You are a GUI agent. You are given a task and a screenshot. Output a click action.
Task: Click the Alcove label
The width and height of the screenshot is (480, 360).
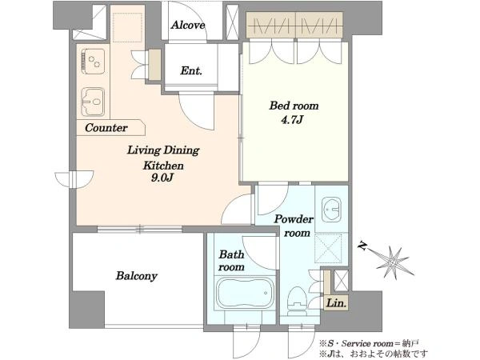tap(188, 25)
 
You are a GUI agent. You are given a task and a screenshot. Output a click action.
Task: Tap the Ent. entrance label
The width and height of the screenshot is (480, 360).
tap(191, 70)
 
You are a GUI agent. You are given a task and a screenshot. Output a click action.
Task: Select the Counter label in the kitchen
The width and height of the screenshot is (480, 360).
tap(106, 128)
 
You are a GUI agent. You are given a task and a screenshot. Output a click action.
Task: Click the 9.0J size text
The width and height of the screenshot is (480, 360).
tap(162, 178)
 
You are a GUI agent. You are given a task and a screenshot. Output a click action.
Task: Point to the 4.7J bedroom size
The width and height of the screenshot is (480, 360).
tap(292, 120)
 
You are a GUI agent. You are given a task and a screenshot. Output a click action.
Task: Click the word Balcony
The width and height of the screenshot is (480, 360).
tap(137, 276)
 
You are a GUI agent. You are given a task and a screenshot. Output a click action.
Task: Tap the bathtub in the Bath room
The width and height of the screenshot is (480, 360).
tap(246, 294)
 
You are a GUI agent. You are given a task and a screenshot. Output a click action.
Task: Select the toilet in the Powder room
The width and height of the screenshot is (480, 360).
tap(297, 300)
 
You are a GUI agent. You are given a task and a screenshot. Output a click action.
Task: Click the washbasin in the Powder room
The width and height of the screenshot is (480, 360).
tap(331, 210)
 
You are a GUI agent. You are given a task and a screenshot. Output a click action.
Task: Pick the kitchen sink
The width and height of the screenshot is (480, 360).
tap(93, 102)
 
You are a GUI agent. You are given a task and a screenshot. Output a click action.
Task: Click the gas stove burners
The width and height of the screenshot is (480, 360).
tap(93, 62)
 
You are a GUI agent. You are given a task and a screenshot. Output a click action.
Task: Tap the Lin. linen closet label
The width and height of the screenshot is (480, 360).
tap(337, 303)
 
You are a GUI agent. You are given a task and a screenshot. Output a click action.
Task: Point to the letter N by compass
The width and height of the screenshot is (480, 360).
tap(363, 246)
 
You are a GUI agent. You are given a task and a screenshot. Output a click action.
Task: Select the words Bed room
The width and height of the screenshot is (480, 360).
tap(294, 106)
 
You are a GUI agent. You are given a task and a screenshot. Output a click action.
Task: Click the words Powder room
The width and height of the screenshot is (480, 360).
tap(294, 226)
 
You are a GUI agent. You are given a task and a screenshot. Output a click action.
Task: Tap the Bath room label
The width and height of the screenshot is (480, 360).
tap(231, 261)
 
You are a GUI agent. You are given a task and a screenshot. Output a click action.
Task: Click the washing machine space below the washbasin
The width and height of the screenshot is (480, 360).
tap(329, 248)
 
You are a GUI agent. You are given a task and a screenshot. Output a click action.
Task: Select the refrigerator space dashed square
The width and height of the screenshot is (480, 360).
tap(128, 27)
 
